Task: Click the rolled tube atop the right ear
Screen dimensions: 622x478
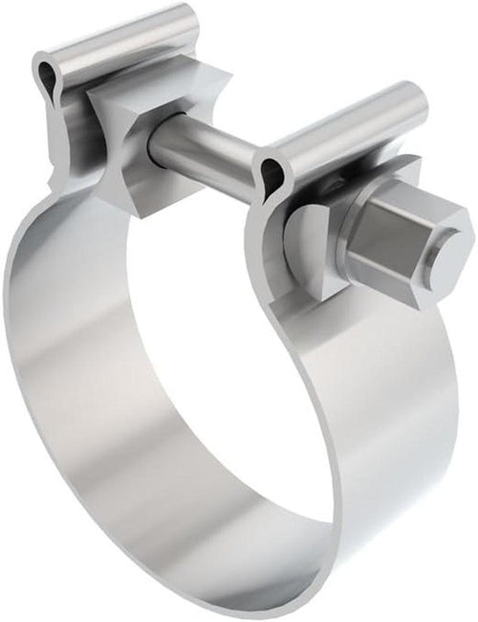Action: point(344,124)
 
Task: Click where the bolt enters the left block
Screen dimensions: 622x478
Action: point(158,144)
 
